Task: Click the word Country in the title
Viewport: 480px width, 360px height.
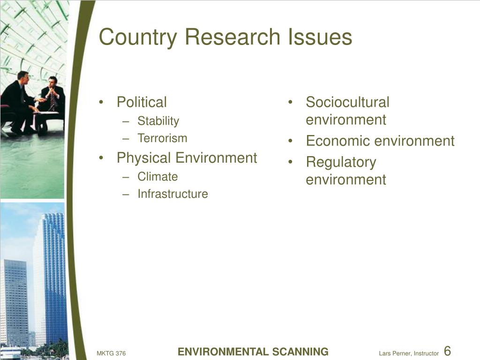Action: tap(138, 37)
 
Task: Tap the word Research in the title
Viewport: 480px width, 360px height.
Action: tap(233, 37)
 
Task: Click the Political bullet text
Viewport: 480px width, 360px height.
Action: tap(142, 102)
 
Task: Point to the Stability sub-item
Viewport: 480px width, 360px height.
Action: tap(158, 121)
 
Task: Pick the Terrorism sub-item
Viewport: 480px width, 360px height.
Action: tap(162, 138)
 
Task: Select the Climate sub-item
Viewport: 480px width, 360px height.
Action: tap(157, 177)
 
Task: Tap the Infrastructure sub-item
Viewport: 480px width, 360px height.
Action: tap(172, 194)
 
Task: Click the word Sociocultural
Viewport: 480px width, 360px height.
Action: tap(347, 102)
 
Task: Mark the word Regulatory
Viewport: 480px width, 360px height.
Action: tap(341, 163)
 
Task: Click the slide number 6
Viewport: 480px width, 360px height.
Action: tap(447, 351)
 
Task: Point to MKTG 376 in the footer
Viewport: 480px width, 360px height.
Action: tap(111, 353)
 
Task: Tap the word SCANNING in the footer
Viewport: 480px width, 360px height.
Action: tap(296, 352)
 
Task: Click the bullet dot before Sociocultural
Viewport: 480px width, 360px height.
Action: tap(290, 102)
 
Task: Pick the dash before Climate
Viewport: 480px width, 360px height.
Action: tap(125, 177)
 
